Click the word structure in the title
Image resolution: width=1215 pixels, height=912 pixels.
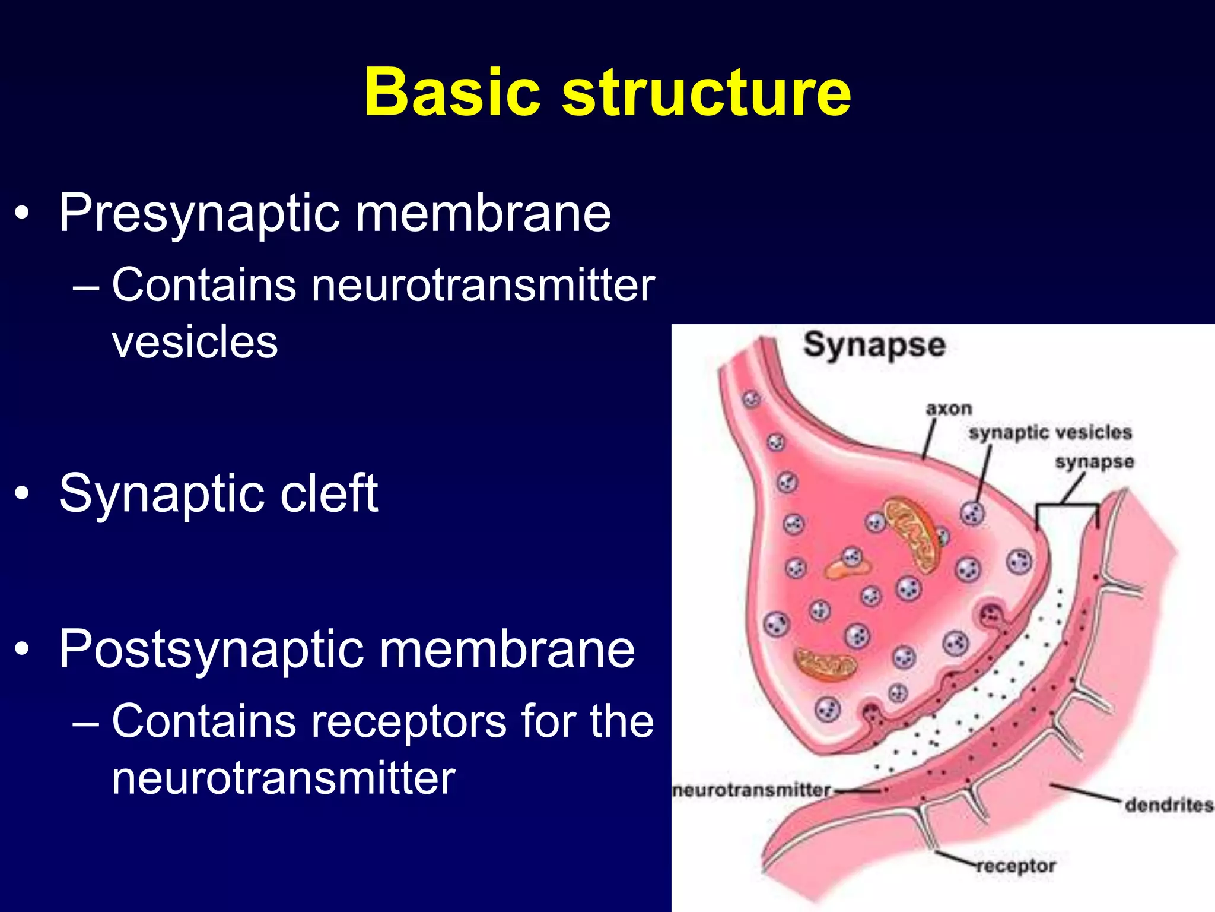click(x=706, y=93)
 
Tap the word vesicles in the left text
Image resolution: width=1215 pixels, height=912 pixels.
click(x=195, y=343)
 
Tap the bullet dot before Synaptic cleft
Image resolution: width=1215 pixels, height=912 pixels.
click(x=22, y=493)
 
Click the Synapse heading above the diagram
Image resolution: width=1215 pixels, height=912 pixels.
click(x=874, y=345)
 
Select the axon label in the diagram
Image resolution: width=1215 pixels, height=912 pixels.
click(x=949, y=408)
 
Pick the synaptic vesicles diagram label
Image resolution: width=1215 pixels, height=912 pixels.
click(x=1050, y=432)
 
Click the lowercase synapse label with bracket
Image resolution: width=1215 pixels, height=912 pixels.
click(x=1094, y=461)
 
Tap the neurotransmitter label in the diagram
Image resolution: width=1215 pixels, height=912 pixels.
click(x=752, y=790)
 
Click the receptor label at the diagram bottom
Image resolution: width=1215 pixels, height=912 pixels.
click(x=1016, y=866)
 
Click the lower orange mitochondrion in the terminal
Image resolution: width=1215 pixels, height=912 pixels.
click(x=825, y=663)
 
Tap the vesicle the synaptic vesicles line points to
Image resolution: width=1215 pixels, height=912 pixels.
click(x=972, y=513)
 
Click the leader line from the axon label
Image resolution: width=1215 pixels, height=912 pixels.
click(x=929, y=440)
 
